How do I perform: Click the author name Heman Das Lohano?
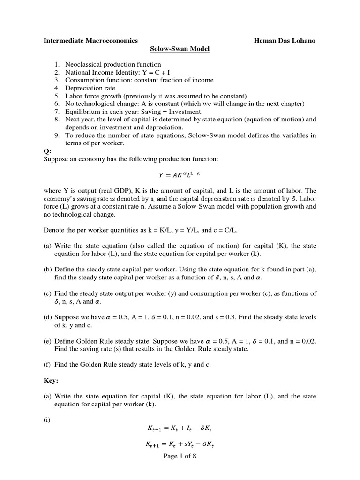coord(285,41)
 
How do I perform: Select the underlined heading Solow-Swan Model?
coord(180,49)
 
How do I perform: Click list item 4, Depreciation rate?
coord(90,88)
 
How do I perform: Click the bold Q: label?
coord(47,151)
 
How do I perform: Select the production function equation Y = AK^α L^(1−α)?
coord(180,176)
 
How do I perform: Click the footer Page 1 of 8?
coord(180,457)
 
